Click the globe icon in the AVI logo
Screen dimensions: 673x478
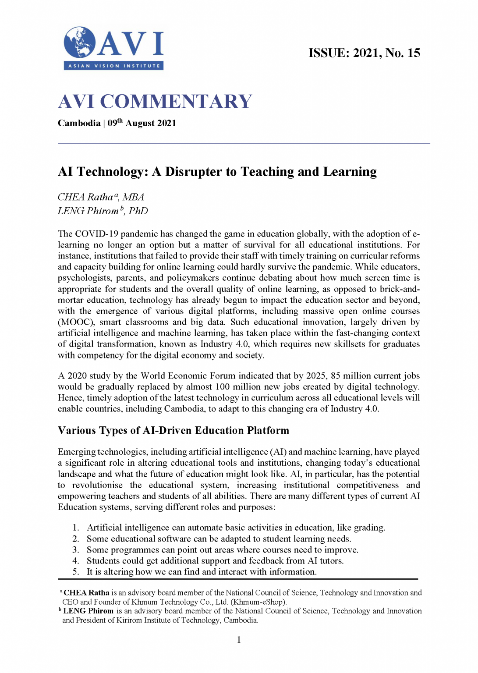(x=79, y=43)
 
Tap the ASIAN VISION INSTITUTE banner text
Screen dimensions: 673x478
(x=114, y=66)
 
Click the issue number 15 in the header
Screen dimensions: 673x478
(x=414, y=53)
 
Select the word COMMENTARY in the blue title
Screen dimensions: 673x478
(x=176, y=102)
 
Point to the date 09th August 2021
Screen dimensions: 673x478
(x=142, y=123)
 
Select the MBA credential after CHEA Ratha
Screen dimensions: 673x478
(x=133, y=197)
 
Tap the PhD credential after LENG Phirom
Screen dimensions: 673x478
(x=138, y=211)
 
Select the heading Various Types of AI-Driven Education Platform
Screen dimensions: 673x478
(x=173, y=431)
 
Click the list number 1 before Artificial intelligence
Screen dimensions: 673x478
(x=75, y=528)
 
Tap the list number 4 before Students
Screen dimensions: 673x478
(x=75, y=561)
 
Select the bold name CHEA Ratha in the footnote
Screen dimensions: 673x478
(x=86, y=593)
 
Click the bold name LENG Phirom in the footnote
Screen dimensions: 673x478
(x=88, y=611)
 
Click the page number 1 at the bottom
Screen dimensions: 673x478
(x=239, y=640)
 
